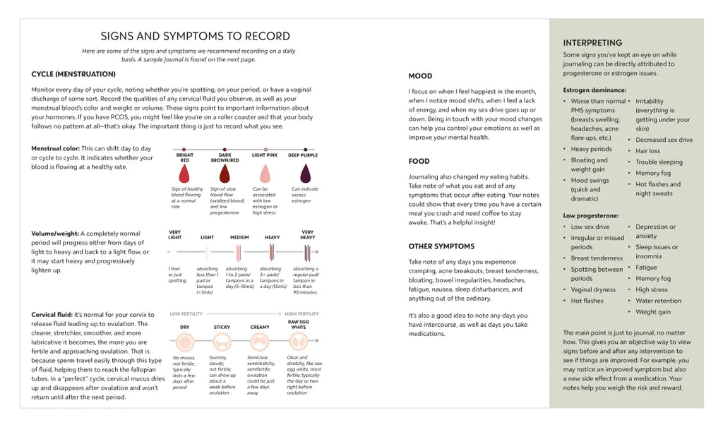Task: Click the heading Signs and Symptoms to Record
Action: pos(195,36)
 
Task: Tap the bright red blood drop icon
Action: pos(185,174)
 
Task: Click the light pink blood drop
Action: pos(265,174)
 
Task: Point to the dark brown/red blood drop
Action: pos(225,174)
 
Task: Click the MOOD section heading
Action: pos(420,76)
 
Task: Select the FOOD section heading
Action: pos(419,161)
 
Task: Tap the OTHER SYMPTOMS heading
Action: pos(441,246)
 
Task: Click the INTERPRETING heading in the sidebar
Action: pos(592,43)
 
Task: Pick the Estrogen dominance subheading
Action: pos(594,90)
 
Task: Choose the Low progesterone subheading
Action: pos(591,215)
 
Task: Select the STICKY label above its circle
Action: pos(222,328)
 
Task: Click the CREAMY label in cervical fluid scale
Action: pos(260,328)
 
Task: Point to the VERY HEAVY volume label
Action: pos(308,234)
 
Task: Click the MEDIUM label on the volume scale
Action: pos(239,238)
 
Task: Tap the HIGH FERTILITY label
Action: pos(301,313)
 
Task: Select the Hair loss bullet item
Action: pos(647,151)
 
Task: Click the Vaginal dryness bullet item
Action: pos(593,289)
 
